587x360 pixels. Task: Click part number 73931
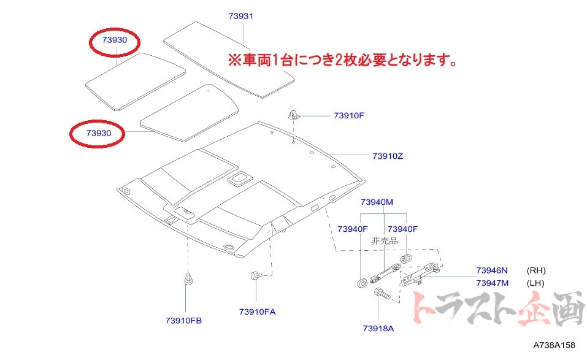[x=240, y=16]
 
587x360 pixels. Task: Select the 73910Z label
[x=388, y=156]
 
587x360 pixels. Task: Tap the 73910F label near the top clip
[x=350, y=115]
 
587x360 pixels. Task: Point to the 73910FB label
[x=183, y=321]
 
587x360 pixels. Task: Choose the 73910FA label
[x=258, y=312]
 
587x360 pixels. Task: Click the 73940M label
[x=377, y=202]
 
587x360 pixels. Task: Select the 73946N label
[x=493, y=270]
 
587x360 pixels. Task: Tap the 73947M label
[x=493, y=283]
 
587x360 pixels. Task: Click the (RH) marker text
[x=535, y=270]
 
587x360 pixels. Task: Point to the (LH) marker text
[x=535, y=283]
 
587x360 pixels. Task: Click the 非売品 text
[x=385, y=241]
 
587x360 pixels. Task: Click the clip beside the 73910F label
[x=293, y=115]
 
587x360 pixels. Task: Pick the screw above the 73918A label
[x=381, y=295]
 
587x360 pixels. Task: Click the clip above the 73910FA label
[x=256, y=275]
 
